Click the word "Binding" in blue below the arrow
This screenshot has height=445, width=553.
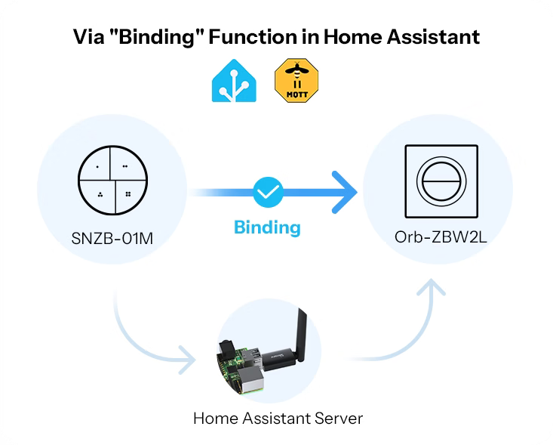[267, 227]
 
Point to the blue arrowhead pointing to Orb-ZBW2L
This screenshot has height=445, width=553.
[343, 193]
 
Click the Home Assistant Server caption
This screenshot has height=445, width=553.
[278, 418]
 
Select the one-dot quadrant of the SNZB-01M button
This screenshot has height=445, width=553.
[97, 164]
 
